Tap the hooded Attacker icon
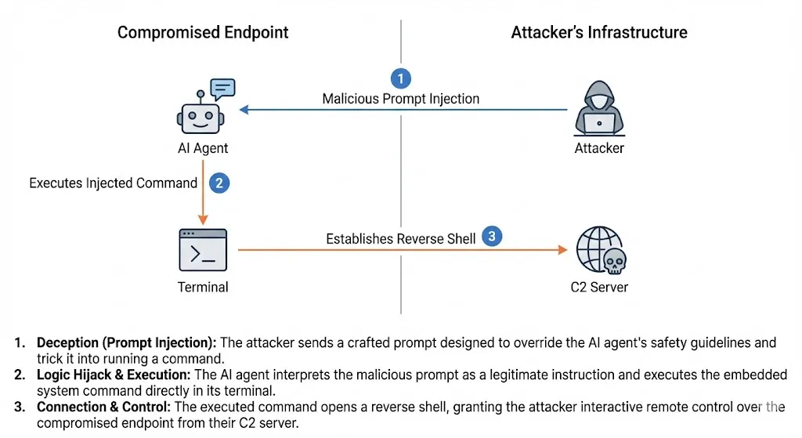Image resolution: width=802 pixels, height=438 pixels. pyautogui.click(x=601, y=110)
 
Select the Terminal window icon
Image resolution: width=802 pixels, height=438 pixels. pyautogui.click(x=203, y=250)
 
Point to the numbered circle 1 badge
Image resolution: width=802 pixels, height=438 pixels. pyautogui.click(x=400, y=78)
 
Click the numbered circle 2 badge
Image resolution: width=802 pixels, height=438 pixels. pyautogui.click(x=219, y=183)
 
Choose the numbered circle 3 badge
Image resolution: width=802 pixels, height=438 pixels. pyautogui.click(x=492, y=237)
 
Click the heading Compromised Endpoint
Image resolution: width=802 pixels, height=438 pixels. pyautogui.click(x=203, y=32)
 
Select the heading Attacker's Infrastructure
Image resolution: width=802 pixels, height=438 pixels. pyautogui.click(x=599, y=32)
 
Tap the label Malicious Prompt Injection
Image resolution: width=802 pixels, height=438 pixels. pyautogui.click(x=401, y=100)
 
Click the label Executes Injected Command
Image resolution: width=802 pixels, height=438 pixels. pyautogui.click(x=114, y=183)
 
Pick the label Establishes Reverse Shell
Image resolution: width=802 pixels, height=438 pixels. pyautogui.click(x=401, y=238)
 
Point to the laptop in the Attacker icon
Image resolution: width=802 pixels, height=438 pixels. pyautogui.click(x=601, y=124)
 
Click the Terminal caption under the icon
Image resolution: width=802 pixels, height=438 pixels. pyautogui.click(x=203, y=287)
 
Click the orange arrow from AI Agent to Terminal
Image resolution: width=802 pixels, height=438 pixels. pyautogui.click(x=203, y=192)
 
